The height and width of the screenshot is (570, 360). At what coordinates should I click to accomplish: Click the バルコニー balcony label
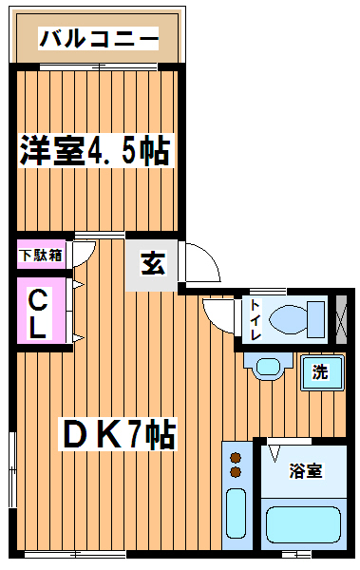99,38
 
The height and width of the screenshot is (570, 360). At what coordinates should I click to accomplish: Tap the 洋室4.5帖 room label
95,150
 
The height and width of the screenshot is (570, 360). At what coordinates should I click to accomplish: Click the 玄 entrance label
153,263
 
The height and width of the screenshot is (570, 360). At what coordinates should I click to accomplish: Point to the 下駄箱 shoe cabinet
42,255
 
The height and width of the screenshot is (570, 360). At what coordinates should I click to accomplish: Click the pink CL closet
42,311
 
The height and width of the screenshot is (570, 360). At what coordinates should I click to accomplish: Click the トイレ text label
256,320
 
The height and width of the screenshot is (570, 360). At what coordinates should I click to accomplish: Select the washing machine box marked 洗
322,372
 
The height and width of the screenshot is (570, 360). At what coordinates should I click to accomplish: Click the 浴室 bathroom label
306,471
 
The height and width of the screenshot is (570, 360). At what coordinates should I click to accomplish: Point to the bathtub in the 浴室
303,524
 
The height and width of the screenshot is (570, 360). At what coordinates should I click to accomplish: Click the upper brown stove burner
236,458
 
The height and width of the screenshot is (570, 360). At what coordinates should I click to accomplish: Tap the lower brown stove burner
236,472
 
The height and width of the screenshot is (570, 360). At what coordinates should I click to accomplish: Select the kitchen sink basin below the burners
236,513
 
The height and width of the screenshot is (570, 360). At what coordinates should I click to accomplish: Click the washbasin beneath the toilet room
269,367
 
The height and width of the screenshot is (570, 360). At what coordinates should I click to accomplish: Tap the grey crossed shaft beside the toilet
341,320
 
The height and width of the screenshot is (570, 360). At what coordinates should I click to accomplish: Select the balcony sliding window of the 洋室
98,66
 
